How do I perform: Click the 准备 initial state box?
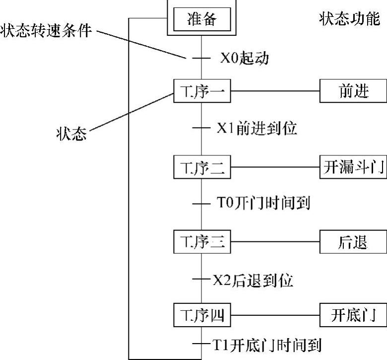(x=201, y=20)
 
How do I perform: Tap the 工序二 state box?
(x=201, y=167)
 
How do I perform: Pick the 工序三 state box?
(x=201, y=242)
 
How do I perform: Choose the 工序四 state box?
(x=201, y=315)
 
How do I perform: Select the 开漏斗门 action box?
(x=353, y=167)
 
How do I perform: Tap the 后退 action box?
(x=353, y=242)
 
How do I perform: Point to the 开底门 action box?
(x=353, y=315)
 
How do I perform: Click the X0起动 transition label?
(x=244, y=58)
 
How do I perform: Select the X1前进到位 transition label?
(x=257, y=129)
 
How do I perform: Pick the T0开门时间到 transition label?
(x=263, y=203)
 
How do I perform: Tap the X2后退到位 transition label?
(x=253, y=280)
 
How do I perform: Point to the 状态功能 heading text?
(x=349, y=20)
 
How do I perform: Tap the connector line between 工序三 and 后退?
(x=275, y=242)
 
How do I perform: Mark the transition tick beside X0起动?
(x=201, y=58)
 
